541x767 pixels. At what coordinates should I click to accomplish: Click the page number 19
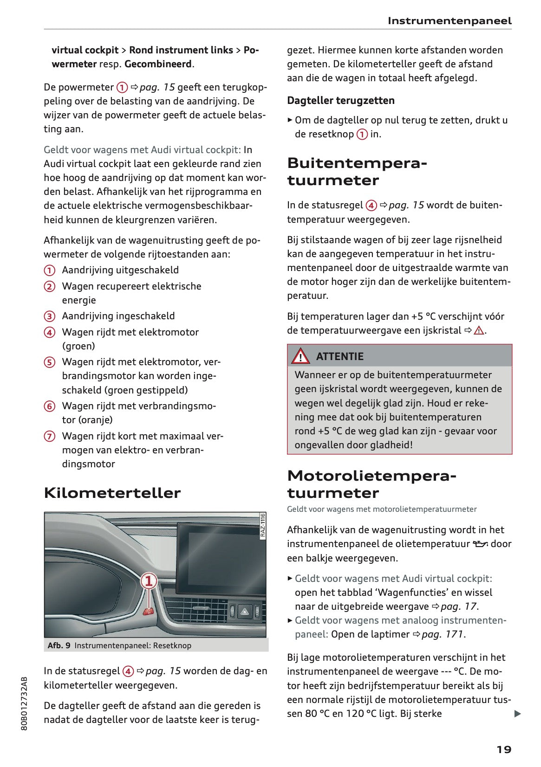503,749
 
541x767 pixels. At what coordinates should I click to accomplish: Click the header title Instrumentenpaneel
449,21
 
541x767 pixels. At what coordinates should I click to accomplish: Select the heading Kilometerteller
112,493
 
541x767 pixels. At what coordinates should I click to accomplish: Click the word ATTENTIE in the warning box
339,356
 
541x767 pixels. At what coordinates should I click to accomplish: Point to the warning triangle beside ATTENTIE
300,356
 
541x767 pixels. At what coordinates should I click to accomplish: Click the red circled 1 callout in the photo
149,581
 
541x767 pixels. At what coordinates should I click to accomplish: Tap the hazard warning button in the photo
244,612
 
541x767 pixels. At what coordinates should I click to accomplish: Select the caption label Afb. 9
59,645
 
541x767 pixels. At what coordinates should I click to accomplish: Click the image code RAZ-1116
262,525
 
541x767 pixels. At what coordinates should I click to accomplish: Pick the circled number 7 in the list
50,436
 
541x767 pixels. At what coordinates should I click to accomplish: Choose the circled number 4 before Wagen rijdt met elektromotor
50,332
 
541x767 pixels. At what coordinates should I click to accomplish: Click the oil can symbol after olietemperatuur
480,544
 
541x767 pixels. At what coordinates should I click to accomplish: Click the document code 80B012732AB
25,703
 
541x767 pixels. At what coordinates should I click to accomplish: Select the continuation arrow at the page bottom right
517,714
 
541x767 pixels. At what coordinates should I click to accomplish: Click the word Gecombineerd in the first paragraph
158,64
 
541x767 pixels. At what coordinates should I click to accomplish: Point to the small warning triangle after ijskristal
479,330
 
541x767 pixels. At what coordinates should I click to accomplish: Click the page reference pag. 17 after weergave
458,606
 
